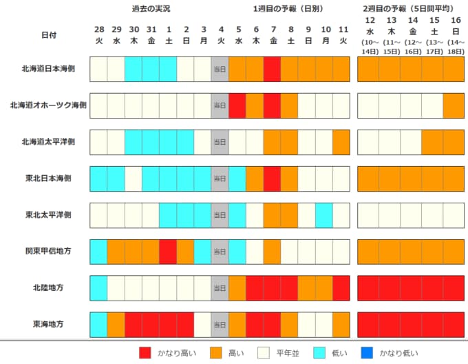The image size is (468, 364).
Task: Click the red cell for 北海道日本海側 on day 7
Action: [x=272, y=69]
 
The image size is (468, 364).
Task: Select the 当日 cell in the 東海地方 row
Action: [x=220, y=325]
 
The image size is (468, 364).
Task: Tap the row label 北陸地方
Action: [x=48, y=287]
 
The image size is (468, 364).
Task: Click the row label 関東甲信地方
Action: [x=48, y=251]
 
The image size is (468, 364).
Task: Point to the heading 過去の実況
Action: [x=151, y=9]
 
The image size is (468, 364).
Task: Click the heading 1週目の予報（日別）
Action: [x=288, y=9]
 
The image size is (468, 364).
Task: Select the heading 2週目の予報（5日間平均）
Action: [x=408, y=9]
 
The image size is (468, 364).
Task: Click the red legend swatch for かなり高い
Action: [x=145, y=353]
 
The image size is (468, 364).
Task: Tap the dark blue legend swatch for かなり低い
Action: [x=367, y=353]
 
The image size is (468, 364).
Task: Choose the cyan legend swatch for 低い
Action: [x=319, y=353]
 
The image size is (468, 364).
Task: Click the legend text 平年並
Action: [x=288, y=353]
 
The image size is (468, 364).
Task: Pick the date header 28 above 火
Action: [x=99, y=30]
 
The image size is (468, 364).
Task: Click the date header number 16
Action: [x=456, y=20]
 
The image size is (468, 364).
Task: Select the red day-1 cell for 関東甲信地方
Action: [x=168, y=252]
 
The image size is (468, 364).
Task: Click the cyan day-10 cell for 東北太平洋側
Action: [x=324, y=215]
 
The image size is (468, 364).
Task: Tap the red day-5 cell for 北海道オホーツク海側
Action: [x=237, y=105]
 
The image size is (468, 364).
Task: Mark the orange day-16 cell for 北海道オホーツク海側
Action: [x=454, y=105]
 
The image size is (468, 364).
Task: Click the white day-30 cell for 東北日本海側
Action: [x=134, y=179]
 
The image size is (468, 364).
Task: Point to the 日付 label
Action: [x=49, y=35]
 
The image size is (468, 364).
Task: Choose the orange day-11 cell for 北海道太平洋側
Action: [x=341, y=142]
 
